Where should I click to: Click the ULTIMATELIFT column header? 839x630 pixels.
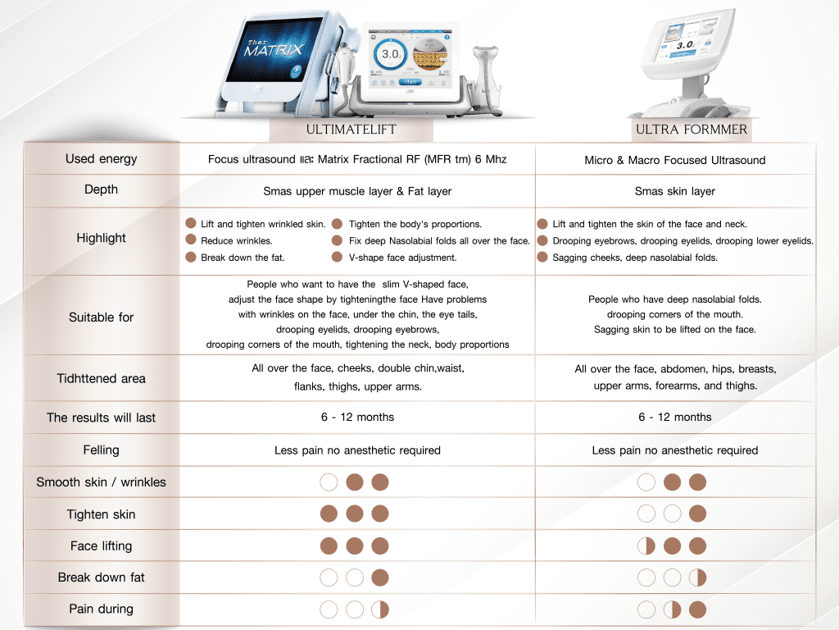[x=351, y=129]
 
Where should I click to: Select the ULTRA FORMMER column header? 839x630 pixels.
[x=692, y=129]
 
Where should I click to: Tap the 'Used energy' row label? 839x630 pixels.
[x=101, y=158]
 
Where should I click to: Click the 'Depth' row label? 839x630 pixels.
[x=101, y=189]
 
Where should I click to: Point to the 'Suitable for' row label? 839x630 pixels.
[x=101, y=317]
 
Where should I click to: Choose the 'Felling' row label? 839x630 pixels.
[x=101, y=450]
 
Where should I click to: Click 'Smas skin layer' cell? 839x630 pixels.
[x=675, y=191]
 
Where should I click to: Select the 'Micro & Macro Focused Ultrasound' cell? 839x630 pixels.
[x=675, y=160]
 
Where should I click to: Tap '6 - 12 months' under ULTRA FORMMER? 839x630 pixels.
[x=675, y=417]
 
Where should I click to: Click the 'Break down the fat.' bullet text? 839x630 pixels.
[x=243, y=258]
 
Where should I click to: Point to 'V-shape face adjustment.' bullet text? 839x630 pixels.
[x=402, y=258]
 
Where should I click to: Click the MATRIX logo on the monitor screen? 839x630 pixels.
[x=274, y=48]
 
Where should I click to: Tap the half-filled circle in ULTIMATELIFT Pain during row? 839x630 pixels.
[x=380, y=609]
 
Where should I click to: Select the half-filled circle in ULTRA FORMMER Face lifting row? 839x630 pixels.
[x=646, y=546]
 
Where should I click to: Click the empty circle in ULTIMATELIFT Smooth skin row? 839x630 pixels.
[x=329, y=482]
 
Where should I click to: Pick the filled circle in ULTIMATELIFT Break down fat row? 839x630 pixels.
[x=380, y=578]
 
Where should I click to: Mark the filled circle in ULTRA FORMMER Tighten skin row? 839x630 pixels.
[x=698, y=514]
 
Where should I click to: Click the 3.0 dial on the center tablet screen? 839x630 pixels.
[x=390, y=55]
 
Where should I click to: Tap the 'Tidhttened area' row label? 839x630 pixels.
[x=101, y=378]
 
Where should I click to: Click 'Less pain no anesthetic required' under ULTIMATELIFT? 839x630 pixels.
[x=357, y=450]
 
